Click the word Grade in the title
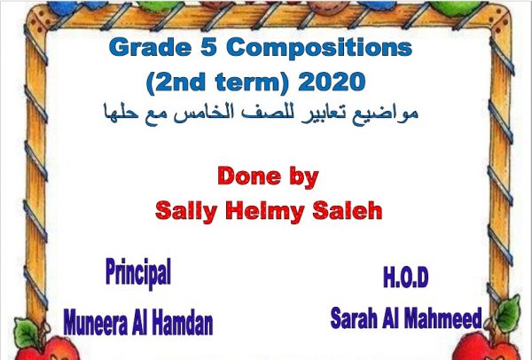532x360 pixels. coord(151,48)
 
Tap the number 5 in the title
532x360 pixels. coord(208,47)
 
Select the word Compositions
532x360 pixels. coord(319,48)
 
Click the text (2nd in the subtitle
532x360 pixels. coord(176,82)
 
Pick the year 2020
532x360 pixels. coord(332,82)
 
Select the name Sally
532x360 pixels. coord(186,211)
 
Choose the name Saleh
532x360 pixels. coord(347,210)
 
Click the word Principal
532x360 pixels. coord(138,273)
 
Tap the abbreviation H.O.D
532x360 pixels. coord(406,278)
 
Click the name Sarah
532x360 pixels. coord(354,318)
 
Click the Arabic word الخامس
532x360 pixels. coord(238,113)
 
